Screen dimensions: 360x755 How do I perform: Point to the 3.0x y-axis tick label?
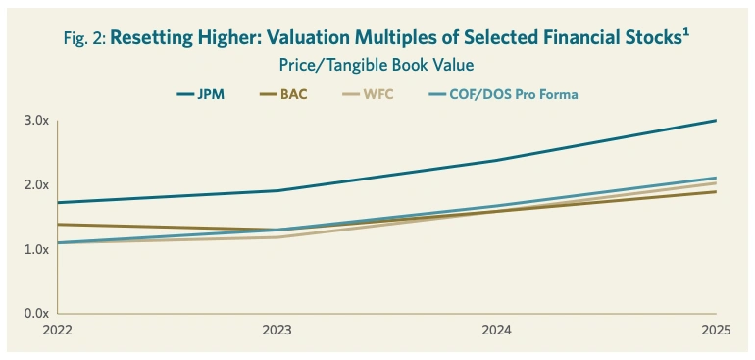[36, 121]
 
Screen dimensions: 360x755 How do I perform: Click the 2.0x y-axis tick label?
[36, 185]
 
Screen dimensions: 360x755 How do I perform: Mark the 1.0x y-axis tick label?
[36, 250]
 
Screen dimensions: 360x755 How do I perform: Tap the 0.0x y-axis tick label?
[36, 314]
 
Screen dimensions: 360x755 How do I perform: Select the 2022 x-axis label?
[58, 331]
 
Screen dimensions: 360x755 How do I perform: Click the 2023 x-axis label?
[277, 331]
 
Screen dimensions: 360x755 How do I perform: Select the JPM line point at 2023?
[277, 190]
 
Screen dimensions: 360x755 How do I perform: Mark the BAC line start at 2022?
[59, 225]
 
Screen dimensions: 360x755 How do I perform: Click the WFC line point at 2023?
[277, 237]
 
